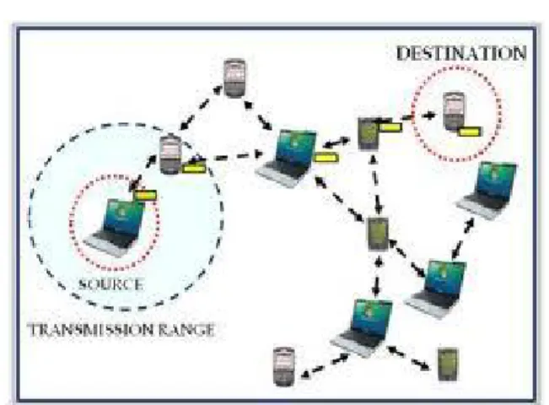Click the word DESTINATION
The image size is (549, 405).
(x=461, y=53)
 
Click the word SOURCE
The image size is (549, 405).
(x=110, y=283)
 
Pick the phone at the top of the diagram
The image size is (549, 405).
(x=234, y=78)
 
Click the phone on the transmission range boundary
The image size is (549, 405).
(x=171, y=154)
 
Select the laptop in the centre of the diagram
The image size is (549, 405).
(x=287, y=159)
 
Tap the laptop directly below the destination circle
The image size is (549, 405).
(x=487, y=190)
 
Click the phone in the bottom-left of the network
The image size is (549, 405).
(x=283, y=366)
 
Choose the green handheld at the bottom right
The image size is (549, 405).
(x=448, y=364)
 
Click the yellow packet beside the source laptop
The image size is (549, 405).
(x=146, y=195)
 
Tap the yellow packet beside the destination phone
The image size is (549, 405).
(x=470, y=132)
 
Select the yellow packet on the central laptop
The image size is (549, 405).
(x=326, y=157)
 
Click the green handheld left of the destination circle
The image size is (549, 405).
(x=369, y=134)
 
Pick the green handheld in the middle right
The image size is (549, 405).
(x=378, y=234)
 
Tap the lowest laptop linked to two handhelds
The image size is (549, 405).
(x=362, y=327)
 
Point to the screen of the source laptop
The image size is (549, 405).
(x=123, y=216)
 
